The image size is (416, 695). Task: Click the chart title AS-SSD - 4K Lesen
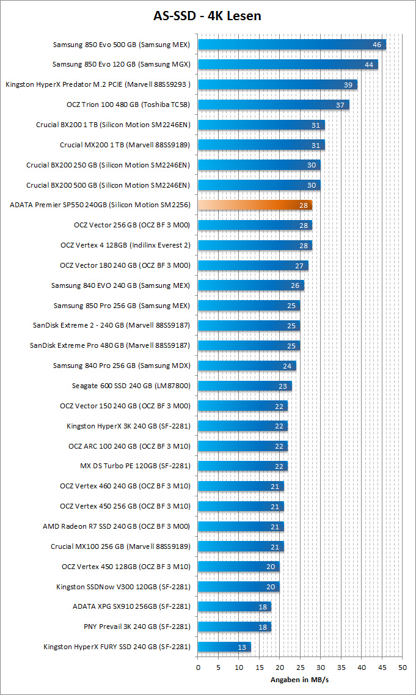208,16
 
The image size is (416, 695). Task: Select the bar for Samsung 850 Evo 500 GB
292,45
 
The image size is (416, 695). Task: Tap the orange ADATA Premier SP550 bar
255,205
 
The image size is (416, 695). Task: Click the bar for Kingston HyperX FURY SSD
224,647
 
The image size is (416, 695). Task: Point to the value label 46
377,45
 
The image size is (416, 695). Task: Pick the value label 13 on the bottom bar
243,647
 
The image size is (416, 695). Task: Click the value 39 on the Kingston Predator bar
348,85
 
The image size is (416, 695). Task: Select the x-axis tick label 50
401,667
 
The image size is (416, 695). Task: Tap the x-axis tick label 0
198,667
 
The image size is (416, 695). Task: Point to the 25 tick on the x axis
300,667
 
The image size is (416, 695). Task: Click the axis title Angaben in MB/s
299,679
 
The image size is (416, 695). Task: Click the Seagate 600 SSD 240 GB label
131,386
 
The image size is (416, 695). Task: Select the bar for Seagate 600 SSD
244,386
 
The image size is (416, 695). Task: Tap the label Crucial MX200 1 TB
125,145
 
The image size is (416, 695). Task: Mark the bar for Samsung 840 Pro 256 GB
247,366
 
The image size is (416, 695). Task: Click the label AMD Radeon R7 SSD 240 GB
117,526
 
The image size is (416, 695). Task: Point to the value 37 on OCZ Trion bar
340,105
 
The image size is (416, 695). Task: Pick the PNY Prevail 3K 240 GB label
137,627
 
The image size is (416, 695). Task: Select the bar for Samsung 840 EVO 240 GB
250,285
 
